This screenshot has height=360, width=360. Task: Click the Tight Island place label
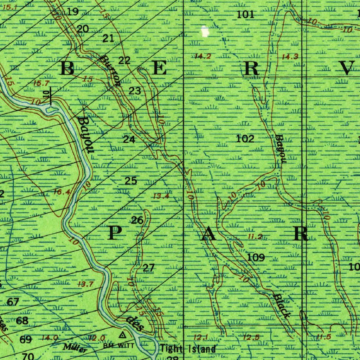pyautogui.click(x=188, y=349)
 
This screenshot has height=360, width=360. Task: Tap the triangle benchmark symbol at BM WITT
pyautogui.click(x=122, y=334)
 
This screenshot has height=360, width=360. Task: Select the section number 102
pyautogui.click(x=245, y=139)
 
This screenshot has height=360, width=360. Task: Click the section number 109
pyautogui.click(x=256, y=257)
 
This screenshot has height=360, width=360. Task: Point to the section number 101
pyautogui.click(x=245, y=14)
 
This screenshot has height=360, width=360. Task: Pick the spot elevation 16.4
pyautogui.click(x=62, y=192)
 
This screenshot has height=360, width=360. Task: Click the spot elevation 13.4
pyautogui.click(x=161, y=196)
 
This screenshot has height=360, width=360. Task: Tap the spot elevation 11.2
pyautogui.click(x=255, y=237)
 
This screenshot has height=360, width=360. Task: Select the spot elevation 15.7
pyautogui.click(x=41, y=83)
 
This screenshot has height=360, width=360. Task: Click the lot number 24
pyautogui.click(x=129, y=140)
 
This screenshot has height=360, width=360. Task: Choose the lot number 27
pyautogui.click(x=149, y=268)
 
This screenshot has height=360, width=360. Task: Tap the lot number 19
pyautogui.click(x=73, y=12)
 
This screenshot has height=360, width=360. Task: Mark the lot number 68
pyautogui.click(x=22, y=321)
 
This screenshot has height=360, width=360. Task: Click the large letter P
pyautogui.click(x=114, y=233)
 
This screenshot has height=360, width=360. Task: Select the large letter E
pyautogui.click(x=159, y=68)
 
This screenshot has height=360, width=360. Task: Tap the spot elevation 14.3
pyautogui.click(x=290, y=56)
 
